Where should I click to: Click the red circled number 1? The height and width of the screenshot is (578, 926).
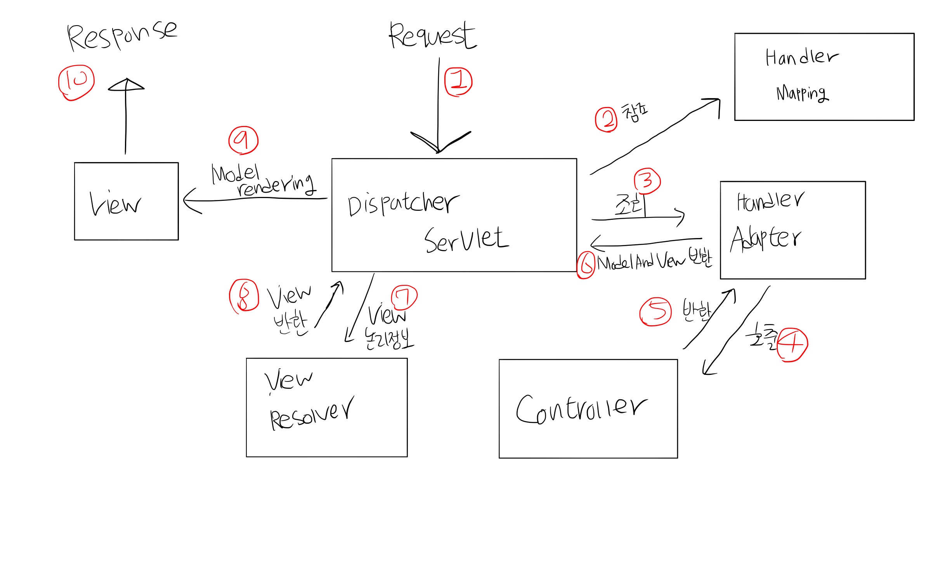pos(458,81)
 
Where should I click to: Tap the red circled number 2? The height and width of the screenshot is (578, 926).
pos(606,119)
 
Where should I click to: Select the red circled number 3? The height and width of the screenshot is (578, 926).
pos(647,181)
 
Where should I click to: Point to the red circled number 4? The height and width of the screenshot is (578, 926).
pos(792,345)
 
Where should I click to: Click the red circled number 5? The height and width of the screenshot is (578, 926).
pos(655,311)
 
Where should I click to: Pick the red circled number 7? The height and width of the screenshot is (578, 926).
pos(404,297)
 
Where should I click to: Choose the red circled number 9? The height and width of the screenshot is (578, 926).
pos(243,140)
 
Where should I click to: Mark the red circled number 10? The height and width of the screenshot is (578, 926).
pos(76,82)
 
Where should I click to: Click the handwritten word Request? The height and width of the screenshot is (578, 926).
pos(432,36)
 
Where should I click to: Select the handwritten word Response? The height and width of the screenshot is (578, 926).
pos(121,36)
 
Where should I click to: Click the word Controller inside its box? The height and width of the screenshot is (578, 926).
pos(581,409)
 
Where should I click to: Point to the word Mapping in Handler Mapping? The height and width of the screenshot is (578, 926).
pos(802,93)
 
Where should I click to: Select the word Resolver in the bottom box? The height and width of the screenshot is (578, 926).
pos(312,414)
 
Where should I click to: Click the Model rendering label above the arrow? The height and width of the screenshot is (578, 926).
pos(263,180)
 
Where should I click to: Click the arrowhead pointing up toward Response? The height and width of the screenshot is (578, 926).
pos(126,85)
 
